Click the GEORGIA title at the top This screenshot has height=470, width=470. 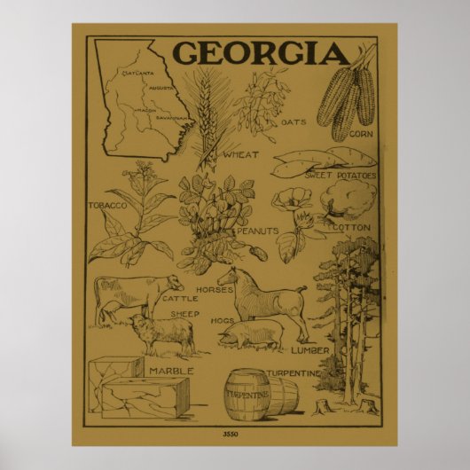click(260, 52)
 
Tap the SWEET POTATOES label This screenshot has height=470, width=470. click(341, 176)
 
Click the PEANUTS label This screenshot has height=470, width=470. click(255, 230)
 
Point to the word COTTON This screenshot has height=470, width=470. click(355, 227)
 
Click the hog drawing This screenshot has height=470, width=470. click(252, 335)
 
